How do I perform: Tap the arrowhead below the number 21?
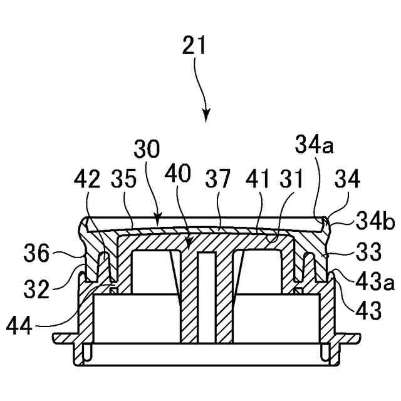pyautogui.click(x=206, y=115)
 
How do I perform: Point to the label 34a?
pyautogui.click(x=313, y=148)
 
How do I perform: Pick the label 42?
pyautogui.click(x=86, y=180)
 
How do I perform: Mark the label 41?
pyautogui.click(x=258, y=180)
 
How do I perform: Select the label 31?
pyautogui.click(x=289, y=180)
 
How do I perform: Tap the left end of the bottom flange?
pyautogui.click(x=57, y=339)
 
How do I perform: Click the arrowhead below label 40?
pyautogui.click(x=187, y=240)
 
